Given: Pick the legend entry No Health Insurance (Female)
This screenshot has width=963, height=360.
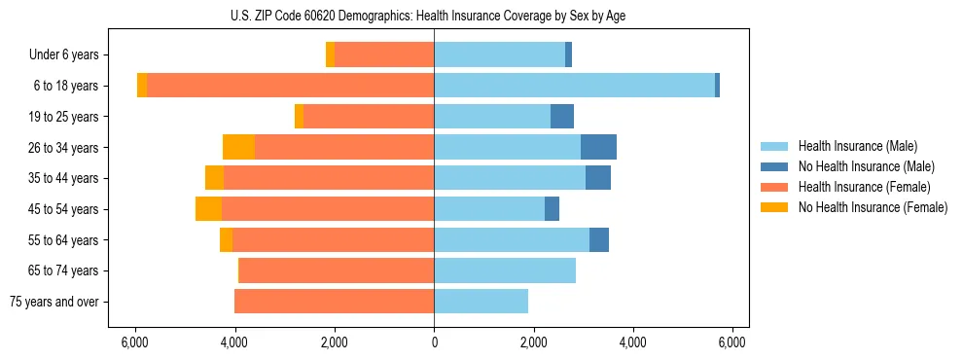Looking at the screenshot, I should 873,207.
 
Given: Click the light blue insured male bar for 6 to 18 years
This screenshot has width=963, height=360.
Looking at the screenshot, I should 574,86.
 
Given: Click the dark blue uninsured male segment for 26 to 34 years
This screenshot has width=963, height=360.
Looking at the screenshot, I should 598,147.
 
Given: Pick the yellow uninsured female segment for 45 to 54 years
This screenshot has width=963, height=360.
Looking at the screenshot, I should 208,209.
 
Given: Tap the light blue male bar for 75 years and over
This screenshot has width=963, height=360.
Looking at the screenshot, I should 481,302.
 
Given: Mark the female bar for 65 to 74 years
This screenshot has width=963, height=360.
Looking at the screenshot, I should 337,270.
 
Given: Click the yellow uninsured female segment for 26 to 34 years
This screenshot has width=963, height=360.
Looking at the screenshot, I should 238,147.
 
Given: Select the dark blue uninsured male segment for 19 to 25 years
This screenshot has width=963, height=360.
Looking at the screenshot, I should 562,117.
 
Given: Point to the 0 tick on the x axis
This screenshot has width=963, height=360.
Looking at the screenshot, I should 434,342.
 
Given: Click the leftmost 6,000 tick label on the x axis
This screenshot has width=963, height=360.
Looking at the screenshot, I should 134,342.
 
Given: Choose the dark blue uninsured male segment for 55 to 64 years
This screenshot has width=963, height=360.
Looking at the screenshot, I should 599,239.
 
